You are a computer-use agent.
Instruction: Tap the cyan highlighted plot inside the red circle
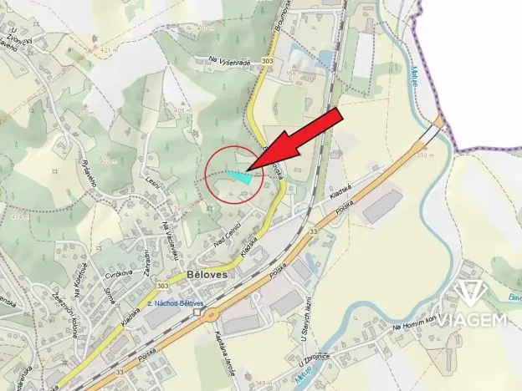point(238,175)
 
